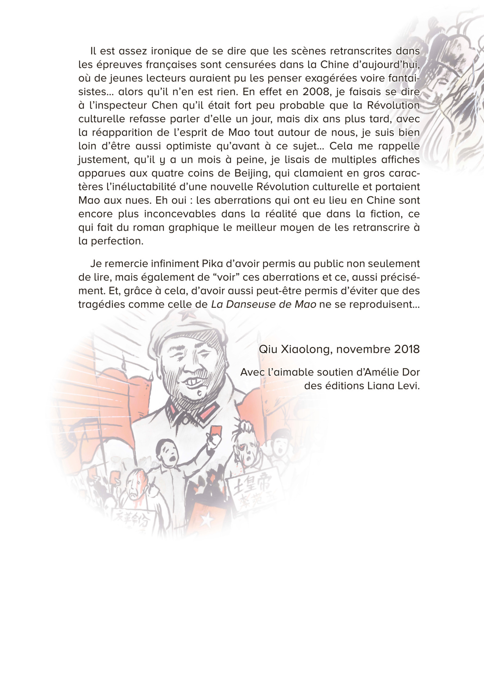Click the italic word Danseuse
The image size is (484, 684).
tap(245, 304)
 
